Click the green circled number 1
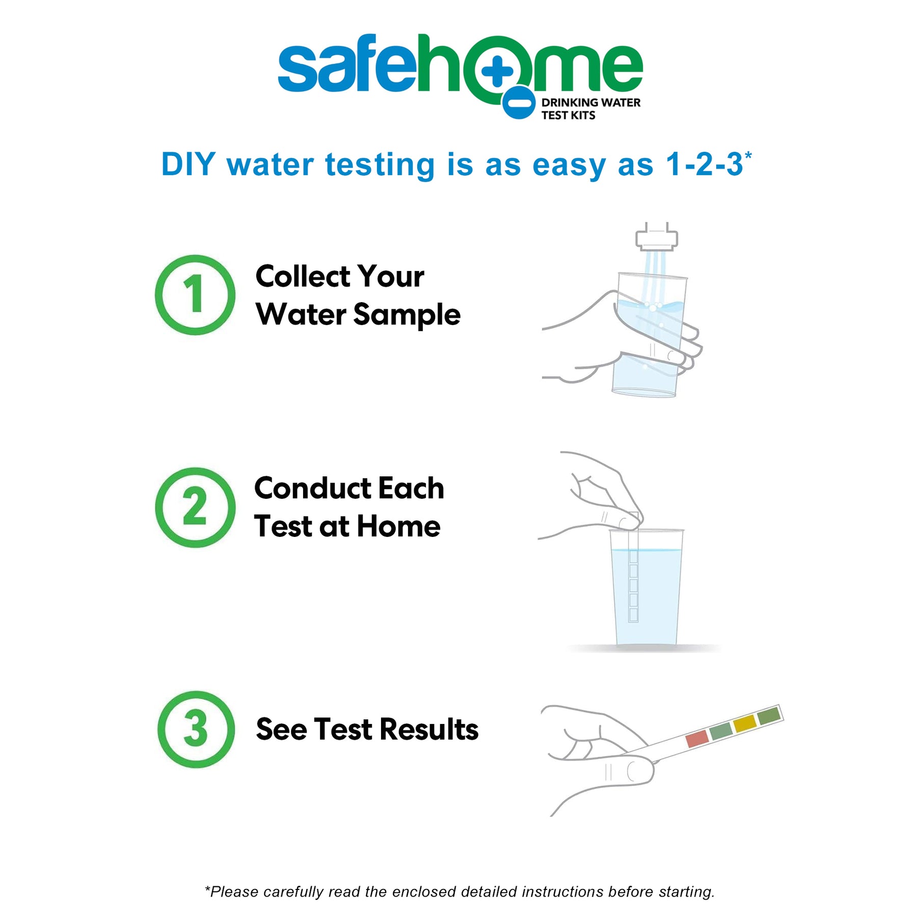tap(195, 295)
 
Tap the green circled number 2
tap(195, 507)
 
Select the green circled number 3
tap(196, 729)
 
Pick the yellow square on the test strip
tap(745, 723)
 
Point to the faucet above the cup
tap(657, 237)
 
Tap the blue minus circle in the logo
tap(519, 103)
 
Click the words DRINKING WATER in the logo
tap(590, 102)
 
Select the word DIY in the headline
tap(188, 165)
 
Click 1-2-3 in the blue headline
tap(705, 165)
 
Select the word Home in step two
tap(398, 526)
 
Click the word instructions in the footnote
tap(562, 892)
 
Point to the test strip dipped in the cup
tap(633, 576)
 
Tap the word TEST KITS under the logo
tap(568, 116)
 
